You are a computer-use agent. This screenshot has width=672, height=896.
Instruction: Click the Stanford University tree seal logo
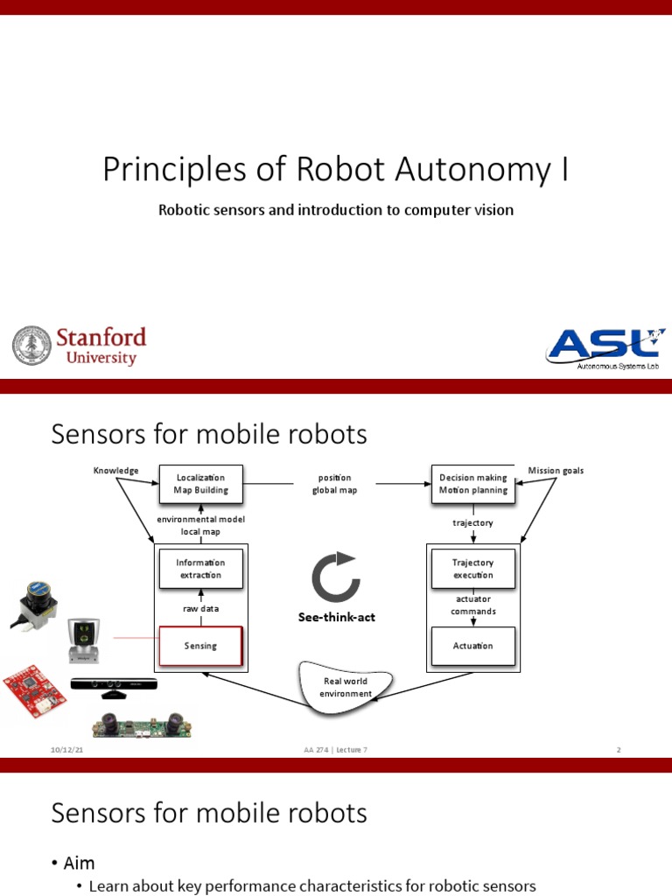[x=31, y=346]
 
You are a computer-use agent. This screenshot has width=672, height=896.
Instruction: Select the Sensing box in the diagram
[x=200, y=646]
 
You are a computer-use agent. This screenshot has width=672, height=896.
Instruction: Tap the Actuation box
[x=472, y=646]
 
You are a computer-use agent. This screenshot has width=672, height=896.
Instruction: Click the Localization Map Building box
[x=200, y=484]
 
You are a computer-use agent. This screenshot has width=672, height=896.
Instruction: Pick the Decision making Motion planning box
[x=473, y=484]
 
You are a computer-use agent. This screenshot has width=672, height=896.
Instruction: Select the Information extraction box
[x=200, y=569]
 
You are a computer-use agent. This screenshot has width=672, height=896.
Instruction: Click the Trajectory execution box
[x=472, y=569]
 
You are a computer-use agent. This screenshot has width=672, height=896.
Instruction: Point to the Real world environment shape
[x=345, y=687]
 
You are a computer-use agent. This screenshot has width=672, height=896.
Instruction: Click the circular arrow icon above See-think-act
[x=335, y=577]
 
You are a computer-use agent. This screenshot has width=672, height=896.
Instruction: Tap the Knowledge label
[x=115, y=471]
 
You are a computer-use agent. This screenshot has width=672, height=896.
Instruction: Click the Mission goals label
[x=556, y=471]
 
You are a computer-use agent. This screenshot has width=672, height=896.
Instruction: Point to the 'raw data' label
[x=200, y=608]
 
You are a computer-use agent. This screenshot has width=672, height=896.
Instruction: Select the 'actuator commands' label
[x=472, y=605]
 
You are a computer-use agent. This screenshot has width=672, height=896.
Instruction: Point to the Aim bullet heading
[x=79, y=864]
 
